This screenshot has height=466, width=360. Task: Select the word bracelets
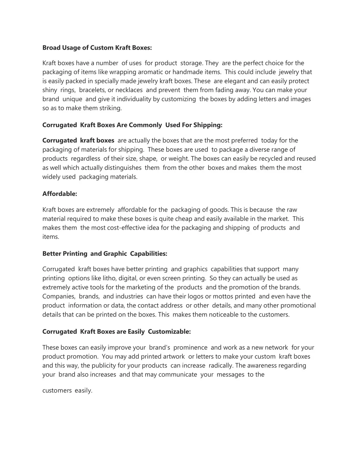[x=92, y=90]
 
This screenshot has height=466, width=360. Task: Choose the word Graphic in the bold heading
[x=115, y=254]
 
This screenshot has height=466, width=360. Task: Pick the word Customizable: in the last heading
[x=169, y=332]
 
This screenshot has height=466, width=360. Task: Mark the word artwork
[x=174, y=357]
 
